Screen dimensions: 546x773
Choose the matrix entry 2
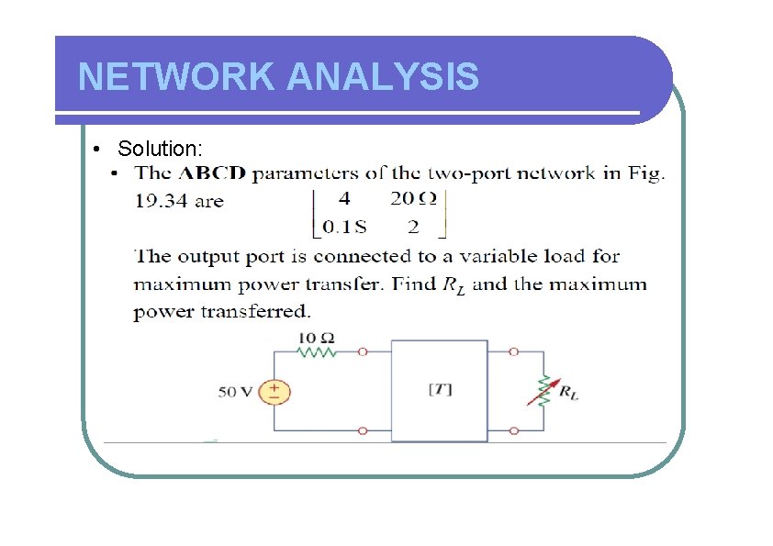coord(413,227)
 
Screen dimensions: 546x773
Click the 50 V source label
coord(234,392)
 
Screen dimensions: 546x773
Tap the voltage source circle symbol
coord(274,392)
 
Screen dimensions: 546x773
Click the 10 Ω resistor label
coord(310,338)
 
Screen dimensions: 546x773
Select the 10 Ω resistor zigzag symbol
coord(318,351)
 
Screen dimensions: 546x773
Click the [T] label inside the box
coord(440,389)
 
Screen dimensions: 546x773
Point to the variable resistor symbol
coord(543,389)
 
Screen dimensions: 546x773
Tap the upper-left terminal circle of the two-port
coord(364,351)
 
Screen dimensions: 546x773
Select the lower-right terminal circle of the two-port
coord(513,429)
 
